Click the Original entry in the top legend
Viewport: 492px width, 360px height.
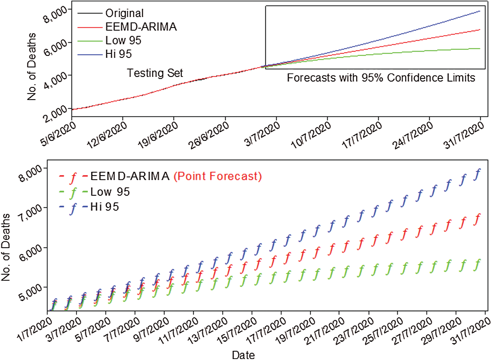(124, 13)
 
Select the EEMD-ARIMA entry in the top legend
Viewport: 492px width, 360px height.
(141, 27)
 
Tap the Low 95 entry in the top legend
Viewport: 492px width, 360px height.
(123, 40)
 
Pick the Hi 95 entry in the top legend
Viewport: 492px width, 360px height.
(118, 54)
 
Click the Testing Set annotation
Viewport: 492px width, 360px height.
(155, 73)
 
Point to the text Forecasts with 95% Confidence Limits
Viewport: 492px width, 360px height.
(381, 78)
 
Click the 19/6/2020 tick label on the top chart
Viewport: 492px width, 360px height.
(158, 135)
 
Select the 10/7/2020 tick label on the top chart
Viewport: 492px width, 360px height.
(311, 135)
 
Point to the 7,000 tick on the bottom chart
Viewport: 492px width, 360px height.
(31, 213)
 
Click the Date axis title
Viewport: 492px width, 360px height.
(243, 355)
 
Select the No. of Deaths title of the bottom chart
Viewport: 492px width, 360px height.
(6, 247)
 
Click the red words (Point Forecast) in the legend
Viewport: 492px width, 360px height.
(218, 176)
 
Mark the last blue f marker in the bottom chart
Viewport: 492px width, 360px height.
(477, 174)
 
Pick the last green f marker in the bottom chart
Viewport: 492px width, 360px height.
(477, 265)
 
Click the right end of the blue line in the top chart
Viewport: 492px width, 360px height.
(479, 11)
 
